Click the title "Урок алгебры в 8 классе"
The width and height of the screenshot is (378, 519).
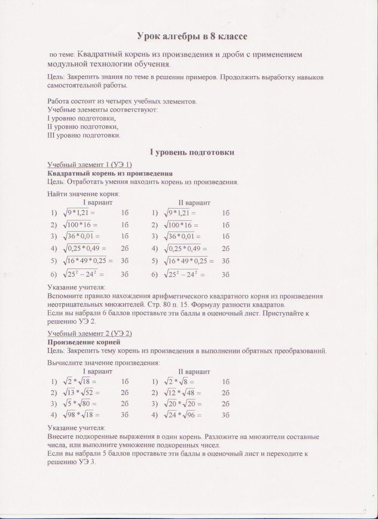[x=192, y=36]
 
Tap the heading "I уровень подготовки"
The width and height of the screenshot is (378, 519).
[x=192, y=152]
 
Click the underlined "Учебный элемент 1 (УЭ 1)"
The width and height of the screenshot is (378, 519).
[x=90, y=165]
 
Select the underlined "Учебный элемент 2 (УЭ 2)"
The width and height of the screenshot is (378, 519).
[x=90, y=333]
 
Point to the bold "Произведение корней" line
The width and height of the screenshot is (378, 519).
[x=84, y=342]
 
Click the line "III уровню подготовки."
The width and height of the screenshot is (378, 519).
[x=84, y=136]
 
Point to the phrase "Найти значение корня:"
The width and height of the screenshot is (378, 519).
[x=83, y=194]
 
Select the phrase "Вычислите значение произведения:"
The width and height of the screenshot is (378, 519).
[x=103, y=363]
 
